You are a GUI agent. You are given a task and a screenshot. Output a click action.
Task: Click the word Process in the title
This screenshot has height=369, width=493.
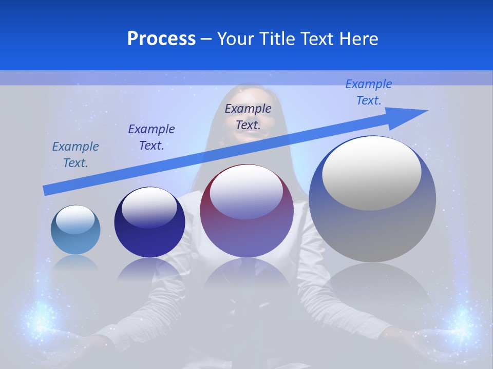(x=161, y=39)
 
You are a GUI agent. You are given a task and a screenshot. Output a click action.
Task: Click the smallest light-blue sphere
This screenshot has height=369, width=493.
(x=75, y=230)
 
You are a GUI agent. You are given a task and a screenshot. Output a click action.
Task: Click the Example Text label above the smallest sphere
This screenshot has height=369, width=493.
(x=75, y=155)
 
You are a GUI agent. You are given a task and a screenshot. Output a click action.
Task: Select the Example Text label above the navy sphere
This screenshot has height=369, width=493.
(x=151, y=137)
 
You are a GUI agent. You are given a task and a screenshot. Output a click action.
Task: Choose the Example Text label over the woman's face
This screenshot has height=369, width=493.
(x=248, y=116)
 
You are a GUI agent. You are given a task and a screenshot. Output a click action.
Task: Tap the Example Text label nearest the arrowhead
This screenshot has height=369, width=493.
(x=369, y=92)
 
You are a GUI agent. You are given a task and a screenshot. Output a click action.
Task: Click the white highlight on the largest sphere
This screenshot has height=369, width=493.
(x=372, y=173)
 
